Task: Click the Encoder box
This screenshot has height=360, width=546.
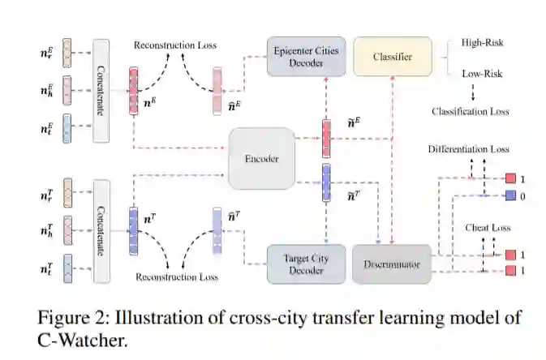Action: pyautogui.click(x=261, y=158)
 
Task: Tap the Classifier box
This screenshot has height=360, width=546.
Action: pyautogui.click(x=393, y=57)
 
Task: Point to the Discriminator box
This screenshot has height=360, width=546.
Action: pyautogui.click(x=392, y=263)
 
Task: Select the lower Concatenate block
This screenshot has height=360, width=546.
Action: pyautogui.click(x=102, y=230)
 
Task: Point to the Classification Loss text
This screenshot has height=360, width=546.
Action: pyautogui.click(x=471, y=110)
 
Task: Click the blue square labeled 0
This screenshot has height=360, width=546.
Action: pyautogui.click(x=510, y=195)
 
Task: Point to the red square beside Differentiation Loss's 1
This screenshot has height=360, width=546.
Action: pyautogui.click(x=510, y=178)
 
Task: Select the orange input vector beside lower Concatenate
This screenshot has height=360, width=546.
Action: pyautogui.click(x=67, y=195)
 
